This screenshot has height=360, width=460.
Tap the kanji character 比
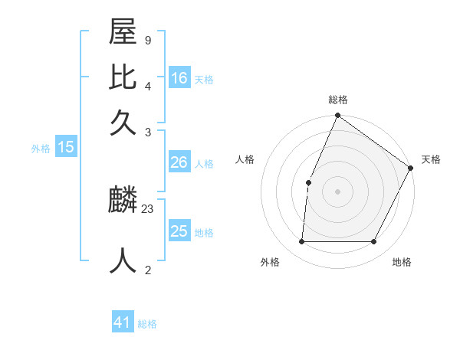(123, 79)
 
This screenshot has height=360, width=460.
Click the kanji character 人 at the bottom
(123, 259)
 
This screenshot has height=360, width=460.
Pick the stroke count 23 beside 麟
(148, 208)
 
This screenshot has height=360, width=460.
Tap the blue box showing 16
(179, 77)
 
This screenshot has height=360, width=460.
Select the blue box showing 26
(179, 162)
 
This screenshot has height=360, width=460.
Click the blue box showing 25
(179, 231)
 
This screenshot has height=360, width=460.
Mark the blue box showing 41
(123, 322)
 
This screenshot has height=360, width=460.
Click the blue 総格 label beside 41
(147, 324)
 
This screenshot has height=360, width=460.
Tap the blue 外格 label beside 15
(41, 149)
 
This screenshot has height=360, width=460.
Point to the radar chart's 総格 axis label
(338, 100)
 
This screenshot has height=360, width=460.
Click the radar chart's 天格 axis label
(431, 159)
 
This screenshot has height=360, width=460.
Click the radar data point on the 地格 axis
(374, 241)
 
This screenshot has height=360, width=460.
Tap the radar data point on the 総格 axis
(338, 116)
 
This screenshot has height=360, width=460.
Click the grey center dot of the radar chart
(338, 191)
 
